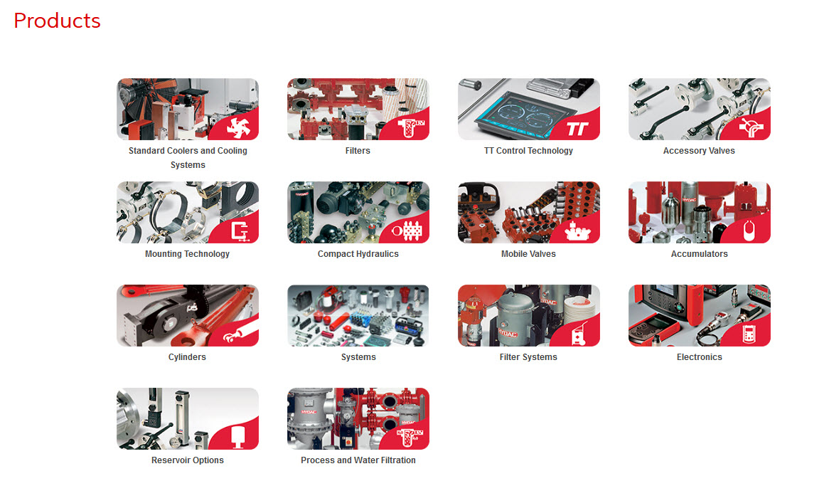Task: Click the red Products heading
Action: [x=57, y=21]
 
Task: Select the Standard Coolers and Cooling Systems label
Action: [x=188, y=158]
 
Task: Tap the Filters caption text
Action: [x=358, y=151]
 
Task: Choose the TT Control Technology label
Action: [x=529, y=151]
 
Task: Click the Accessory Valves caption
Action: [x=699, y=151]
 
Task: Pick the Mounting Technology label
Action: [x=187, y=254]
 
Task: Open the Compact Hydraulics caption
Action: [x=358, y=254]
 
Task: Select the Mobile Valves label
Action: [x=529, y=254]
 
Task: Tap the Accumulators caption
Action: [x=700, y=254]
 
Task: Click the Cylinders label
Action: [x=187, y=357]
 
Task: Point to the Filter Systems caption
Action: [x=529, y=357]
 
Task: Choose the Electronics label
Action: [x=700, y=357]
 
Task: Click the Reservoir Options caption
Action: [x=188, y=460]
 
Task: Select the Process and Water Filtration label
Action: [x=358, y=460]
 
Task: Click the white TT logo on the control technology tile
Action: [x=577, y=129]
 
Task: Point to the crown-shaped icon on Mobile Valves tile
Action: [x=578, y=232]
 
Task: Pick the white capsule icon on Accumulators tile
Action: [x=749, y=231]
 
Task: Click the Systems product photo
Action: [x=358, y=315]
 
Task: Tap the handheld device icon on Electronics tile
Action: [x=749, y=334]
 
